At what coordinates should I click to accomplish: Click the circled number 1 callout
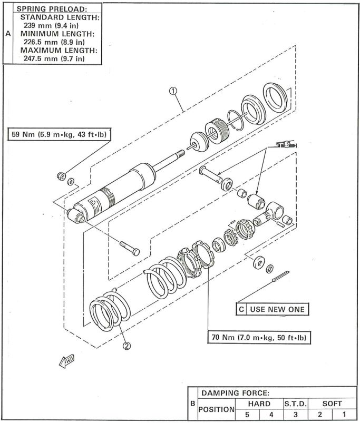(x=173, y=91)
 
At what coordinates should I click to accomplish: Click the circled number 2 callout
(x=127, y=346)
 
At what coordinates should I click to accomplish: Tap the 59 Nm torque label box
(x=60, y=134)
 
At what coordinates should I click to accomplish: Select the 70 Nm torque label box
(x=259, y=337)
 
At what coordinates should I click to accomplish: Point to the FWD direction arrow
(x=66, y=361)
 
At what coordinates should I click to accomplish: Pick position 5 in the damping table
(x=247, y=415)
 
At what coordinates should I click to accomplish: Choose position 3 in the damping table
(x=296, y=415)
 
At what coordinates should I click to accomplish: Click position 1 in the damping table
(x=344, y=415)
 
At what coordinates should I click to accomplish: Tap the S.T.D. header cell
(x=296, y=404)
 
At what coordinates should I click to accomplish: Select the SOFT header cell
(x=332, y=404)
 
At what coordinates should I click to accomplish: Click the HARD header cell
(x=259, y=404)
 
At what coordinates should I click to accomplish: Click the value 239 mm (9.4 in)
(x=51, y=26)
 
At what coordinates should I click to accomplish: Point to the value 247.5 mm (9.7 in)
(x=54, y=58)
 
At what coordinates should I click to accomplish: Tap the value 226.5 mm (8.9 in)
(x=54, y=42)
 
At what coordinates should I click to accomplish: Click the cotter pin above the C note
(x=280, y=277)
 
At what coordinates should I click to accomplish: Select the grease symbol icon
(x=286, y=144)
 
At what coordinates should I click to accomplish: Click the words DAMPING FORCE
(x=235, y=393)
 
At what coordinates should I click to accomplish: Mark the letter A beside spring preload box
(x=8, y=34)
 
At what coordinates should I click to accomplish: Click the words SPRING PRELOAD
(x=52, y=9)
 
